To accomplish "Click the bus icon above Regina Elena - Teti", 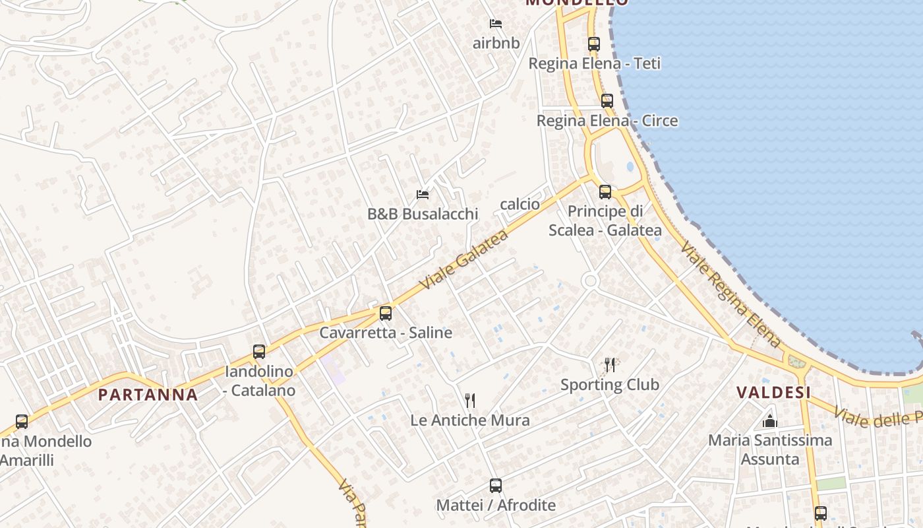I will [594, 44].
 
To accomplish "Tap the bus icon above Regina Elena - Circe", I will [607, 101].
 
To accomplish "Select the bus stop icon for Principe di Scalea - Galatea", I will [605, 192].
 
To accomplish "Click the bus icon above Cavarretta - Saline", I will [386, 313].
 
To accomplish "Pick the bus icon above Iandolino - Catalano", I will [259, 352].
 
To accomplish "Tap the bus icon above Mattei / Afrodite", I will [496, 486].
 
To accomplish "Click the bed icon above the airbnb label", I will [496, 24].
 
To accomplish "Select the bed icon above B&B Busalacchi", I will [423, 195].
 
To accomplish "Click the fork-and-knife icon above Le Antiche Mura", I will [470, 401].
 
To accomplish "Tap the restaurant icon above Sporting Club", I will [610, 365].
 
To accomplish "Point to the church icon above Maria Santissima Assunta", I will [770, 420].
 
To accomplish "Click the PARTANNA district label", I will [148, 395].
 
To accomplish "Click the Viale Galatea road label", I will [465, 259].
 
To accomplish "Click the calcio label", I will [520, 204].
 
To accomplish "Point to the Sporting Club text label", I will [610, 384].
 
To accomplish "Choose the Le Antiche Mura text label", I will [470, 420].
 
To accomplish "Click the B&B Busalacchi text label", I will [423, 214].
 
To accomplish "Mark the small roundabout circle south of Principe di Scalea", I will [590, 281].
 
